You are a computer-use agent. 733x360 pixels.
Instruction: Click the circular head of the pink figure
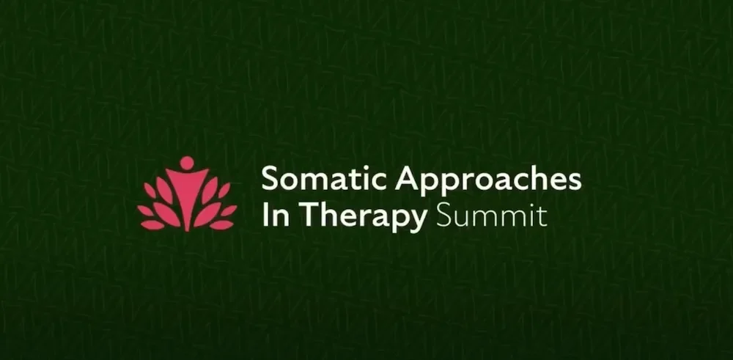coord(186,163)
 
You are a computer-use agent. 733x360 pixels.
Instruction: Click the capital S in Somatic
coord(270,179)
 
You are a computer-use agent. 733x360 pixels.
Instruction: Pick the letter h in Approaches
coord(526,178)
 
